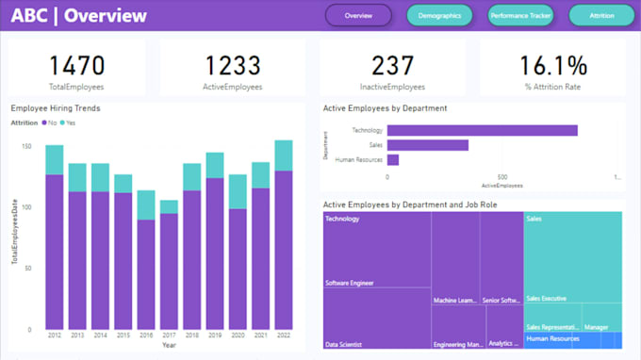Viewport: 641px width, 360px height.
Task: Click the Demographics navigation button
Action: pyautogui.click(x=439, y=16)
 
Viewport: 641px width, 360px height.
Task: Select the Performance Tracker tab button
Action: pyautogui.click(x=520, y=16)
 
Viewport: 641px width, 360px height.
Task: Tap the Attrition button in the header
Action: pyautogui.click(x=601, y=16)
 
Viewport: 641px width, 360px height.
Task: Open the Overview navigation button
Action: pyautogui.click(x=358, y=16)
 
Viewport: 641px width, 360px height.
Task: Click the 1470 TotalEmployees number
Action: pyautogui.click(x=77, y=65)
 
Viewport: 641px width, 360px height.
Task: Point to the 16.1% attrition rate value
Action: pyautogui.click(x=553, y=65)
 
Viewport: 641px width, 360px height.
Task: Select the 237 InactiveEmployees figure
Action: pyautogui.click(x=393, y=65)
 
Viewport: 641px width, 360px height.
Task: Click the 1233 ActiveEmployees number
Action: pyautogui.click(x=233, y=65)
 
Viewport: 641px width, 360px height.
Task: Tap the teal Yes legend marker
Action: pyautogui.click(x=63, y=123)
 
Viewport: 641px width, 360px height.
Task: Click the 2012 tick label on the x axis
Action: pyautogui.click(x=55, y=336)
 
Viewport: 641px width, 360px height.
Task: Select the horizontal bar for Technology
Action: pyautogui.click(x=482, y=131)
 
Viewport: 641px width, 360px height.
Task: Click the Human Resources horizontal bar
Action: pyautogui.click(x=392, y=160)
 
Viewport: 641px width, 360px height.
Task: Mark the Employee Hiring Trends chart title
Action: pyautogui.click(x=56, y=108)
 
